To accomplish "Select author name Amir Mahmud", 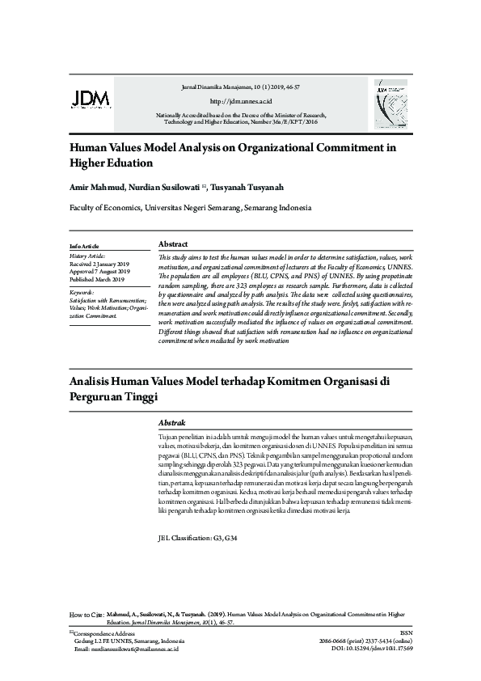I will pos(95,187).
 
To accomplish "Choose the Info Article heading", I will pos(84,245).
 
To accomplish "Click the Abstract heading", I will pos(174,244).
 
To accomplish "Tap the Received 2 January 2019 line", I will pos(100,264).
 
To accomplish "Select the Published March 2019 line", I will pos(97,279).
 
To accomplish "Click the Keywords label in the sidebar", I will pos(82,291).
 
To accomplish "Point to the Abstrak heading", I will pos(172,423).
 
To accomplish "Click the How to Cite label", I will pos(86,615).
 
